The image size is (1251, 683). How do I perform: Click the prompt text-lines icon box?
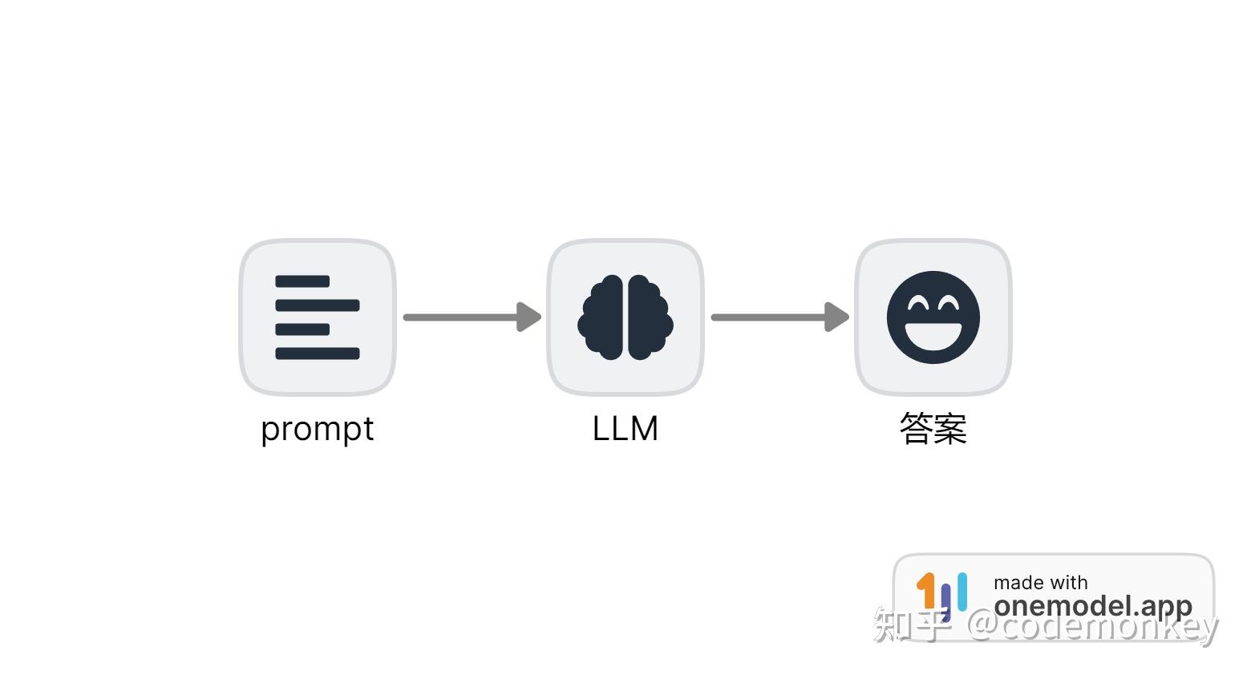pyautogui.click(x=318, y=317)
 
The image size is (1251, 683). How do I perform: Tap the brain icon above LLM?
pyautogui.click(x=625, y=317)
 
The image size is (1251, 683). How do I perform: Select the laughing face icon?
pyautogui.click(x=933, y=317)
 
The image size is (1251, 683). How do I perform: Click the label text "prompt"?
pyautogui.click(x=318, y=429)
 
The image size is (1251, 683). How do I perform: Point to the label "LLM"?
pyautogui.click(x=625, y=429)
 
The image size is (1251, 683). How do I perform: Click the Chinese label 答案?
pyautogui.click(x=933, y=429)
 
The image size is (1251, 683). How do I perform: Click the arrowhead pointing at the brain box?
pyautogui.click(x=529, y=317)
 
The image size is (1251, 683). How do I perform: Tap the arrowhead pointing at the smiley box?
pyautogui.click(x=837, y=317)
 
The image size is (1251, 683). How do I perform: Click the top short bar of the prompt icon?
pyautogui.click(x=302, y=281)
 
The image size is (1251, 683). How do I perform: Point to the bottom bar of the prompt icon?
pyautogui.click(x=318, y=354)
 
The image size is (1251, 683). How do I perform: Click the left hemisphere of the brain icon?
pyautogui.click(x=603, y=317)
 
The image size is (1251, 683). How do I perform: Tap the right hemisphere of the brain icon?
pyautogui.click(x=648, y=317)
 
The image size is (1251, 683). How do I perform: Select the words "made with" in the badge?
pyautogui.click(x=1041, y=583)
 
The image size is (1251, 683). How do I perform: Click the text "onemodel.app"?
pyautogui.click(x=1093, y=606)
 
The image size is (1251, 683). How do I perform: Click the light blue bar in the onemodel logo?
pyautogui.click(x=962, y=591)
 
